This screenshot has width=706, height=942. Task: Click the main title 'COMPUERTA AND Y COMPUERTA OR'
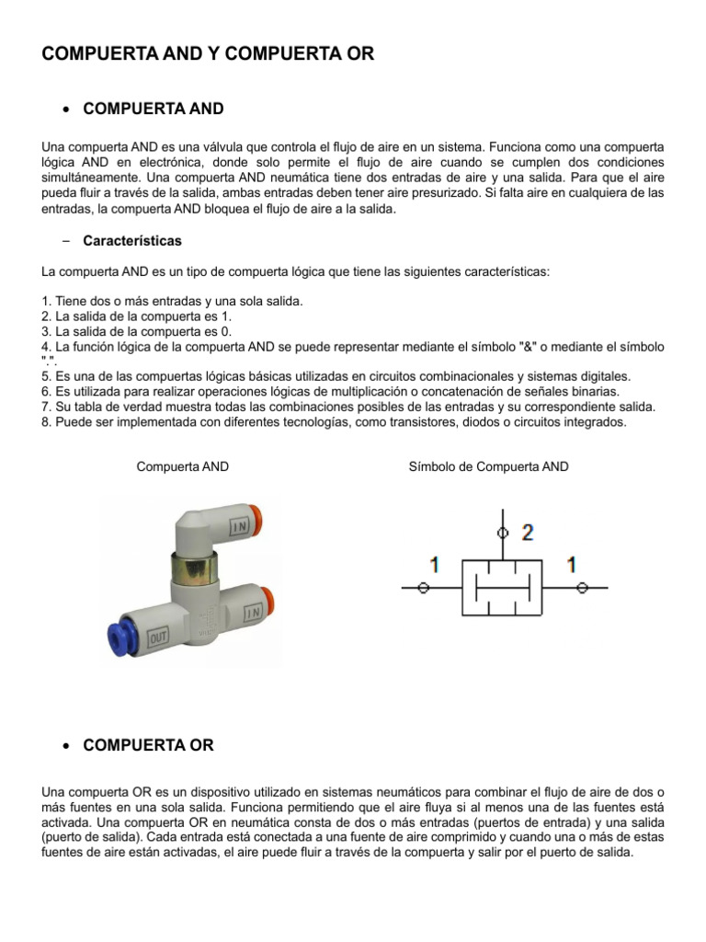(x=208, y=53)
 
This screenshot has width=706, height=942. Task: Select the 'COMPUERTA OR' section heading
(x=148, y=745)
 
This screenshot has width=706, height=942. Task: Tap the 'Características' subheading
(x=132, y=241)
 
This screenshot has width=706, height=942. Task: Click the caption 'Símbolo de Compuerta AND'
(x=488, y=466)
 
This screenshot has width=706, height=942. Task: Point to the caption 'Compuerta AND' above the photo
(x=182, y=466)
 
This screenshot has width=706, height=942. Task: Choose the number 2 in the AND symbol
(x=527, y=532)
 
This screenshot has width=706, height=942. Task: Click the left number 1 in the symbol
(x=434, y=565)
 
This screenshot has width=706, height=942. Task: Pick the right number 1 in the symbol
(x=571, y=565)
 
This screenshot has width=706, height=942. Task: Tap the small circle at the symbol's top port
(x=501, y=532)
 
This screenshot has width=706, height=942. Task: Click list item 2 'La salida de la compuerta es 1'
(x=137, y=316)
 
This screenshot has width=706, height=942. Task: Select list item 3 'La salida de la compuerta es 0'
(x=137, y=331)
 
